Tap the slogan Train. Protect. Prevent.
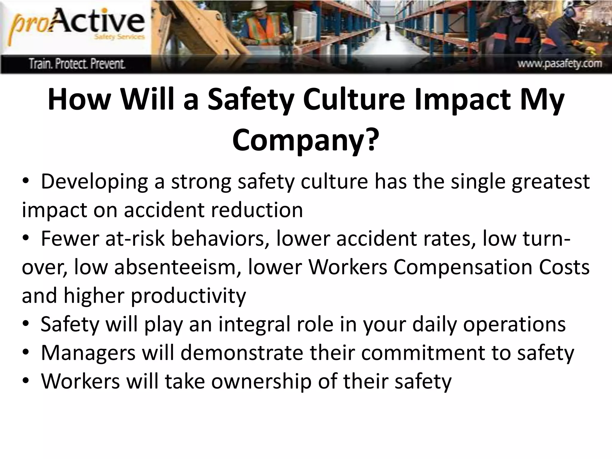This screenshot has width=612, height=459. (x=77, y=64)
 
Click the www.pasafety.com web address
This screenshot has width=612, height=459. (x=560, y=64)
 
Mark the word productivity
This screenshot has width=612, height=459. (x=188, y=296)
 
